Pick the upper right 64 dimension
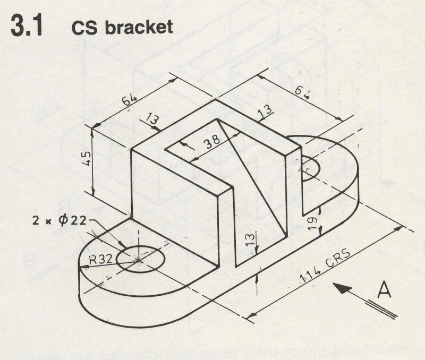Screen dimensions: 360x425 303,93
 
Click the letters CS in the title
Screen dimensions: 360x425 82,28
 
